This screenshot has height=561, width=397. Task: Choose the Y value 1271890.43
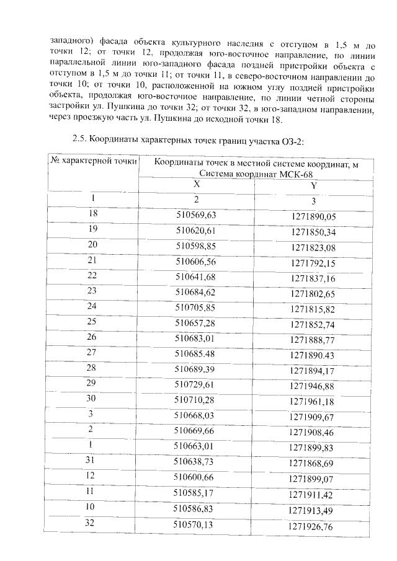click(313, 355)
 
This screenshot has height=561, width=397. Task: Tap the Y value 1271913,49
click(313, 510)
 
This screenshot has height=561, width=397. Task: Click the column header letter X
click(196, 184)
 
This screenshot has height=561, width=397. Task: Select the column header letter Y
click(313, 185)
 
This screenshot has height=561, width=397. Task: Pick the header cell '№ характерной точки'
click(93, 161)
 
